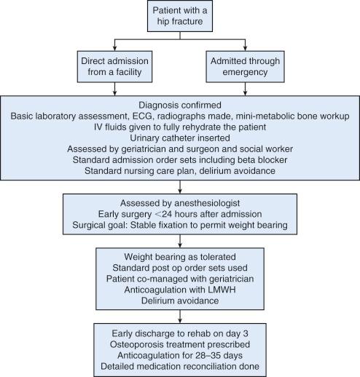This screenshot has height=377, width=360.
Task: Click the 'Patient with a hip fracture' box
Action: coord(179,19)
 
